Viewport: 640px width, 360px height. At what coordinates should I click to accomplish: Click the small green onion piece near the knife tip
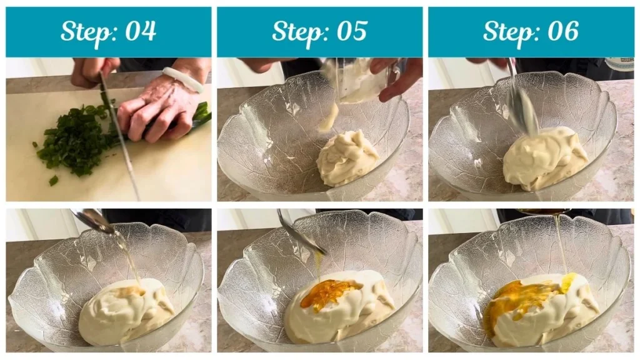tap(54, 181)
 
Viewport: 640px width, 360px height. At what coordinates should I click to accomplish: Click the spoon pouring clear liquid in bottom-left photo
tap(94, 221)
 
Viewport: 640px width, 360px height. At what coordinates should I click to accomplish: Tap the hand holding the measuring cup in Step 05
tap(400, 78)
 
